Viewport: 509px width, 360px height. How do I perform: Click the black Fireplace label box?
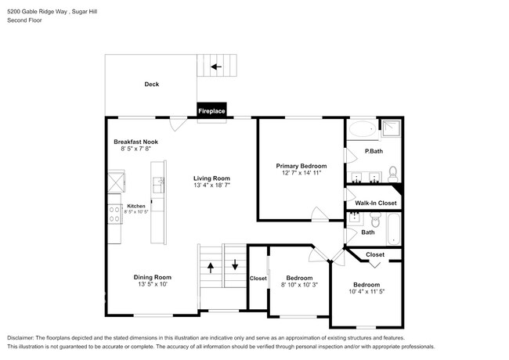[x=211, y=111]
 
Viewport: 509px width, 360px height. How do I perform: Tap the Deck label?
[x=152, y=85]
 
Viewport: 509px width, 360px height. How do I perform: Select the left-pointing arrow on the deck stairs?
[x=215, y=67]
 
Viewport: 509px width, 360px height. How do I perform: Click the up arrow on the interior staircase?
[x=210, y=268]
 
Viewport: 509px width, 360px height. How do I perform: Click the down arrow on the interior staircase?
[x=236, y=264]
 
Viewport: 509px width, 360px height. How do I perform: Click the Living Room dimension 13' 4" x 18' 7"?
[x=217, y=185]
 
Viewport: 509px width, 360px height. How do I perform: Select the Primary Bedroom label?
[x=301, y=166]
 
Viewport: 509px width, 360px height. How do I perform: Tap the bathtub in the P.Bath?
[x=362, y=129]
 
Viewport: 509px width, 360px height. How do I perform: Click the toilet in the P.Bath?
[x=393, y=172]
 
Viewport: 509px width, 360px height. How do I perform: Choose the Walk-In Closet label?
[x=376, y=203]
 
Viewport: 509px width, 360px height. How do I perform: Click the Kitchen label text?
[x=136, y=206]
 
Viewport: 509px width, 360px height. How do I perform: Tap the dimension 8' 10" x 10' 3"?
[x=299, y=286]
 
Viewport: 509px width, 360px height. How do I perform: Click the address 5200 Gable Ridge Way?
[x=39, y=9]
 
